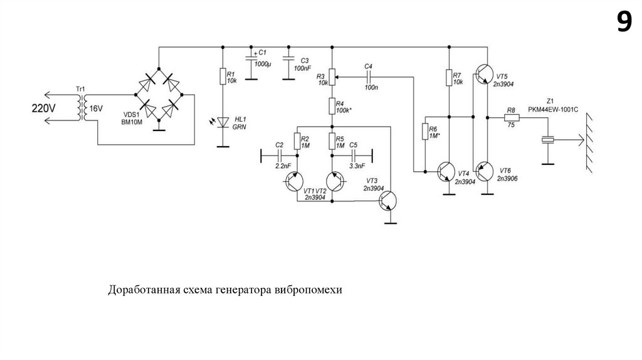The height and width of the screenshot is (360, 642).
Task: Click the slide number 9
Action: (623, 23)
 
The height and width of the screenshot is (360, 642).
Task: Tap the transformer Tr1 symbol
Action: (82, 108)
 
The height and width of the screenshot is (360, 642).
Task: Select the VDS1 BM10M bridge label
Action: (134, 118)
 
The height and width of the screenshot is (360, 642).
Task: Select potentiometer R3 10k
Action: (332, 78)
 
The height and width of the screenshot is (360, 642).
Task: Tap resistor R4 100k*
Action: (332, 106)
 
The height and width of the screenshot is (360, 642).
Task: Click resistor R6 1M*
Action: (424, 132)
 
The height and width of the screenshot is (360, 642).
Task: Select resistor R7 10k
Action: (449, 78)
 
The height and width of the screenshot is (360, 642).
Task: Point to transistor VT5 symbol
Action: (483, 75)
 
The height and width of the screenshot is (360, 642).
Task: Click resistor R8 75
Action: (511, 117)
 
